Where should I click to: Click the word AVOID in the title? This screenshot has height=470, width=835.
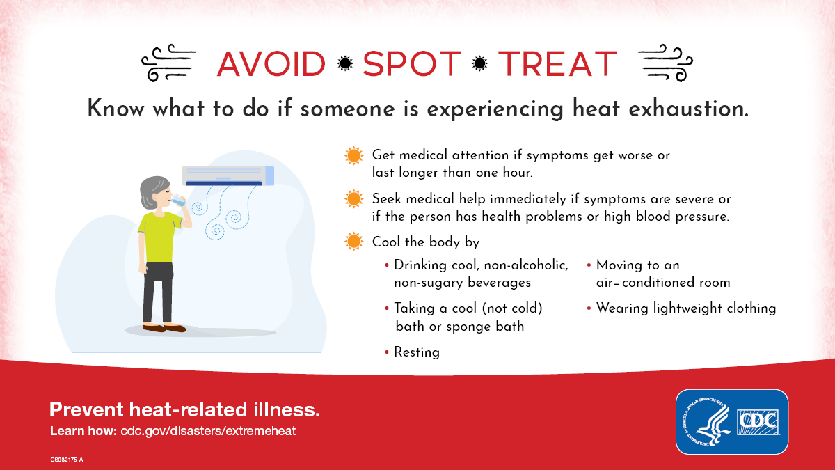pyautogui.click(x=271, y=64)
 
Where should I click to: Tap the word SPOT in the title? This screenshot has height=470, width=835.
pyautogui.click(x=412, y=64)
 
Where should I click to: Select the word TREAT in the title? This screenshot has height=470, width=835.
pyautogui.click(x=557, y=64)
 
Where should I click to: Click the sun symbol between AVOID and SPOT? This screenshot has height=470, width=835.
pyautogui.click(x=344, y=64)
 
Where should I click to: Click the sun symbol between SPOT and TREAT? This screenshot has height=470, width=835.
pyautogui.click(x=479, y=64)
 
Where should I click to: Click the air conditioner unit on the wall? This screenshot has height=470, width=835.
pyautogui.click(x=228, y=175)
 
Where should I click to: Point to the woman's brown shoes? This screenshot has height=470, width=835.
pyautogui.click(x=165, y=327)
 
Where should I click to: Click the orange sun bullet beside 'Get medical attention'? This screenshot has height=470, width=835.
pyautogui.click(x=353, y=155)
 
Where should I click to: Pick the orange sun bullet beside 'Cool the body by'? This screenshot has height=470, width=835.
pyautogui.click(x=353, y=242)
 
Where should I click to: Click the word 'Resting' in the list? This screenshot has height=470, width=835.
pyautogui.click(x=417, y=352)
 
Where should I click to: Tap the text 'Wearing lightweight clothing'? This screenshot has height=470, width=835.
pyautogui.click(x=685, y=308)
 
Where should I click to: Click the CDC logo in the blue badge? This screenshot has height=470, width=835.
pyautogui.click(x=758, y=421)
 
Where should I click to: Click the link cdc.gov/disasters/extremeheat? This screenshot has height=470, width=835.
pyautogui.click(x=208, y=431)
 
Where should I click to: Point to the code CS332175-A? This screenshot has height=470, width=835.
pyautogui.click(x=67, y=460)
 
